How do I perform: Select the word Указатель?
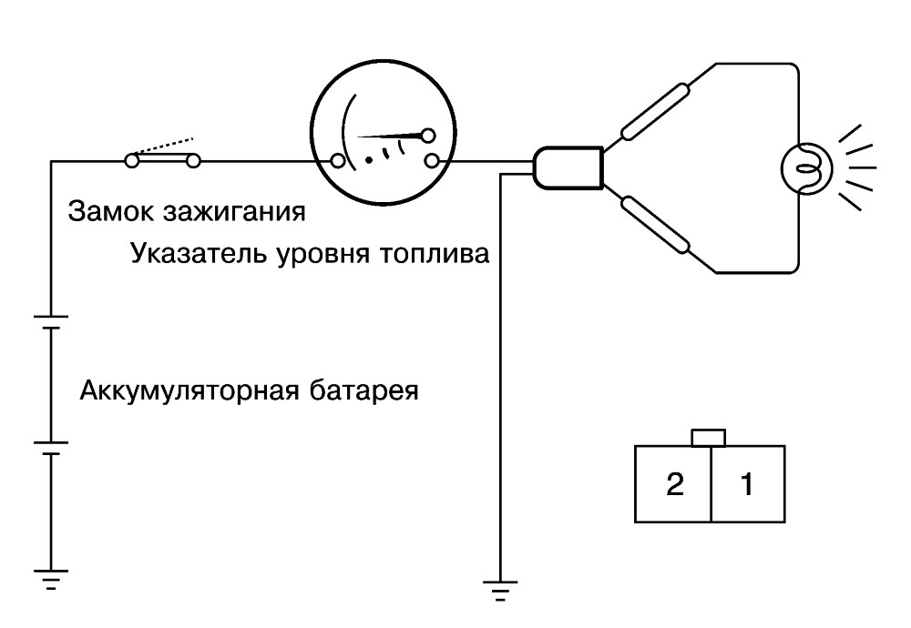pyautogui.click(x=198, y=254)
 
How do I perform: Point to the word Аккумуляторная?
pyautogui.click(x=189, y=390)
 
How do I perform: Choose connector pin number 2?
pyautogui.click(x=674, y=484)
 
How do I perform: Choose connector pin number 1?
pyautogui.click(x=748, y=484)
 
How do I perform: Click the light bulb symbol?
pyautogui.click(x=806, y=168)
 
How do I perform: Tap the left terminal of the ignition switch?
pyautogui.click(x=132, y=161)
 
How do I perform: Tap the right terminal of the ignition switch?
pyautogui.click(x=193, y=161)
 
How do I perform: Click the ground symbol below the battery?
pyautogui.click(x=51, y=579)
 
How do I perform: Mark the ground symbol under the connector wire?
pyautogui.click(x=500, y=590)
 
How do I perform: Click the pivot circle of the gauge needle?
pyautogui.click(x=428, y=136)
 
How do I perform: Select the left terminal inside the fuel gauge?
pyautogui.click(x=338, y=161)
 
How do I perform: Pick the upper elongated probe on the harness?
pyautogui.click(x=655, y=111)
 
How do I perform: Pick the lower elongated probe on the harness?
pyautogui.click(x=655, y=225)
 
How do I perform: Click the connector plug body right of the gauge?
pyautogui.click(x=568, y=167)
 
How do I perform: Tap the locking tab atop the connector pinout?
pyautogui.click(x=709, y=438)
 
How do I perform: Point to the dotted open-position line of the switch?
pyautogui.click(x=164, y=147)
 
